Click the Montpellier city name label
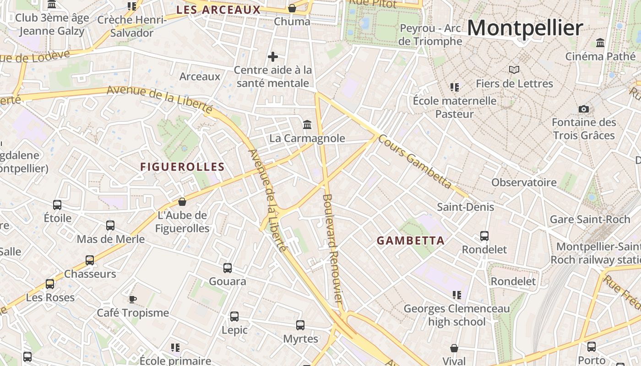(x=525, y=28)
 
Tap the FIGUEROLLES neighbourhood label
(x=182, y=167)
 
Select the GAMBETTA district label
(x=410, y=241)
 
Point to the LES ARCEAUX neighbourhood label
(x=218, y=10)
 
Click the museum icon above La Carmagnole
(x=307, y=124)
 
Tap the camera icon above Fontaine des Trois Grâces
(x=583, y=109)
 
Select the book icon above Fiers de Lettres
(x=514, y=70)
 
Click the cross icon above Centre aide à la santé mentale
(x=273, y=57)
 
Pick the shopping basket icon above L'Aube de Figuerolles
(x=182, y=202)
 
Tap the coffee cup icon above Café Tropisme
(x=132, y=299)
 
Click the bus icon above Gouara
(x=228, y=268)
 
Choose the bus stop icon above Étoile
(x=57, y=205)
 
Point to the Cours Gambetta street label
(x=416, y=162)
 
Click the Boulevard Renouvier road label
(x=333, y=248)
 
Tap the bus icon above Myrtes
(x=300, y=325)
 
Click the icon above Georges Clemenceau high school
(x=456, y=295)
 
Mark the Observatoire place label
(x=524, y=183)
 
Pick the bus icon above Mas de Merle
(x=110, y=226)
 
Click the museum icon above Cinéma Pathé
(x=600, y=43)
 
